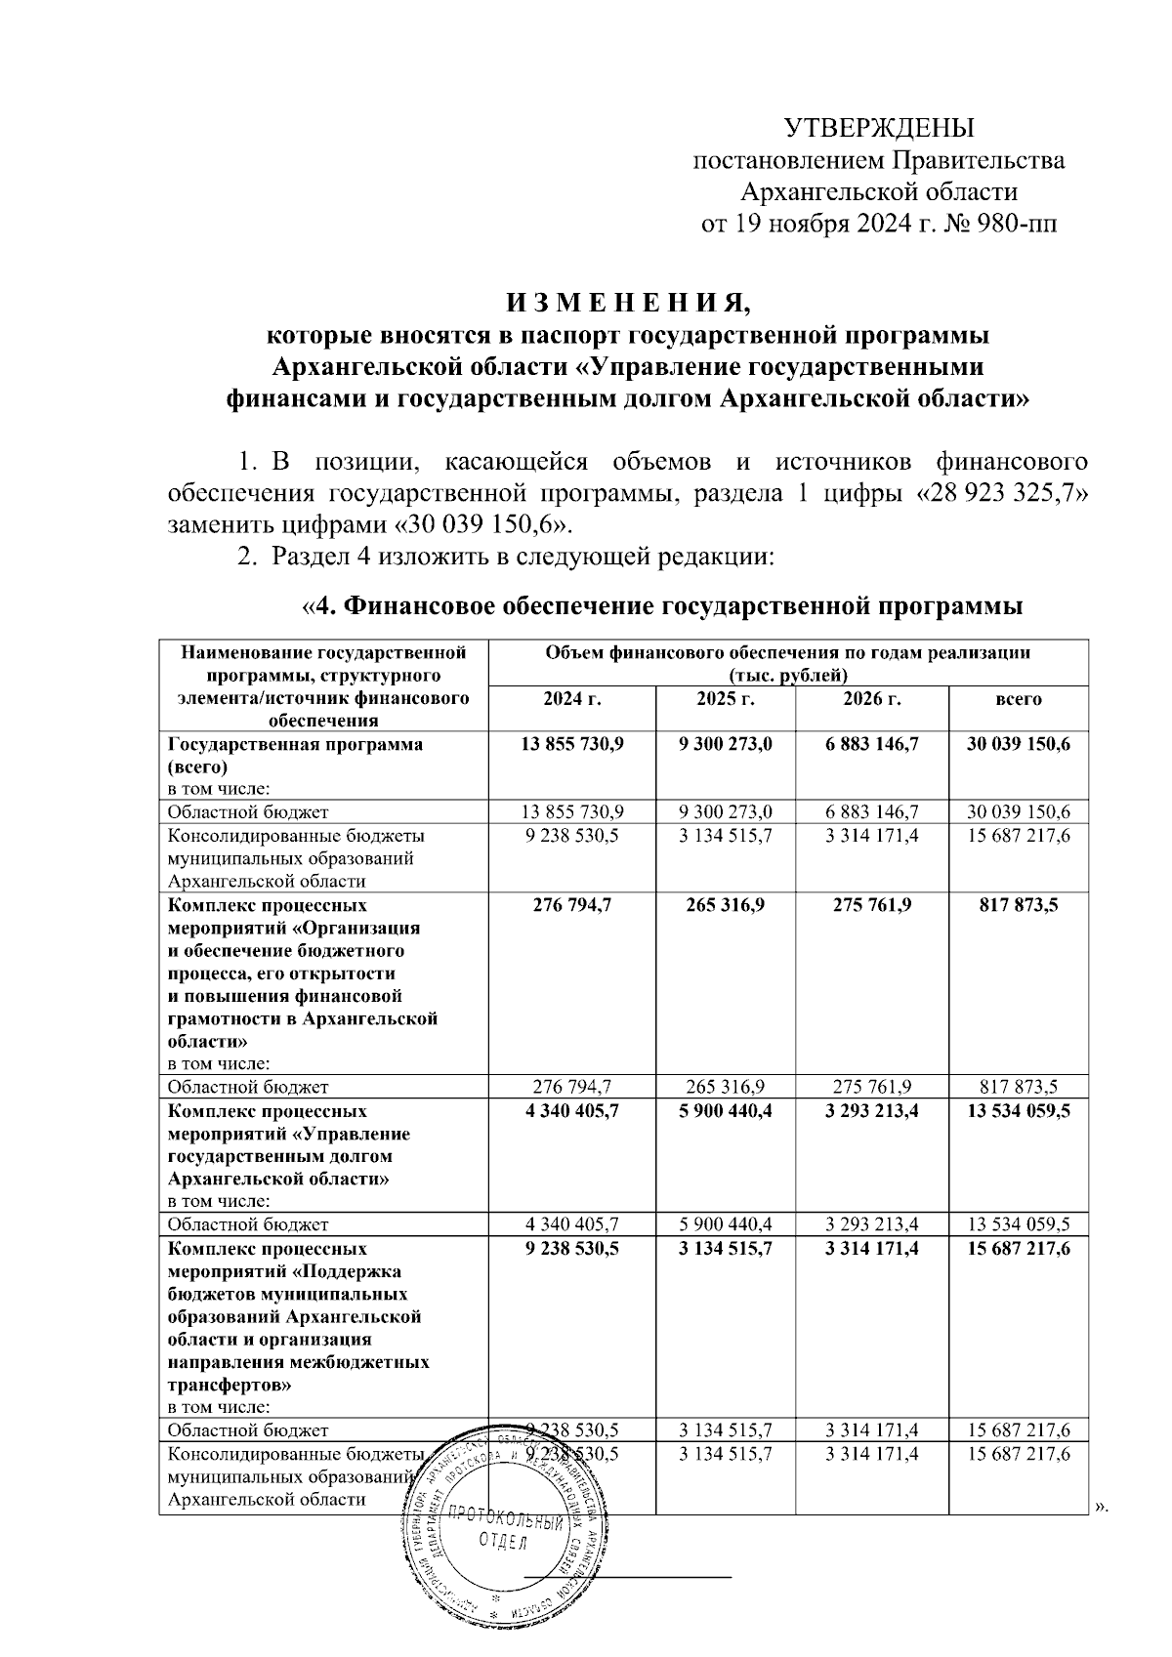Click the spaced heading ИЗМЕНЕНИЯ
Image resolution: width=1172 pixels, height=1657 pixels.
[621, 303]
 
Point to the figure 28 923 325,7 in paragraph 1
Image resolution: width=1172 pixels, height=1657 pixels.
[1002, 492]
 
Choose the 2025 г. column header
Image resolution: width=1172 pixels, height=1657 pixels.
[726, 699]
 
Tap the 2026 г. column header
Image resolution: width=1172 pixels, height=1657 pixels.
[871, 699]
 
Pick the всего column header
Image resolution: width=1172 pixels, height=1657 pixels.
[1019, 699]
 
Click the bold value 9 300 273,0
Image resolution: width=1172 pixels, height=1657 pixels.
[726, 744]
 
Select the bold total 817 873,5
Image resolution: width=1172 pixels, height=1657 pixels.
[1019, 905]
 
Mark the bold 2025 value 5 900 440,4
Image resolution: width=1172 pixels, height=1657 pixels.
[726, 1111]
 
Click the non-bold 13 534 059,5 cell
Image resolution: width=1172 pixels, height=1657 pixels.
[1019, 1224]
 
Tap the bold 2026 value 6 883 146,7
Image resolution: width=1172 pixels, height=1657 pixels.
[871, 744]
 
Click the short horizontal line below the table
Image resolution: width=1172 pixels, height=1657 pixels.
[627, 1576]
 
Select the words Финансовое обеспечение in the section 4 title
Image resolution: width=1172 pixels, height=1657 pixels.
[499, 607]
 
